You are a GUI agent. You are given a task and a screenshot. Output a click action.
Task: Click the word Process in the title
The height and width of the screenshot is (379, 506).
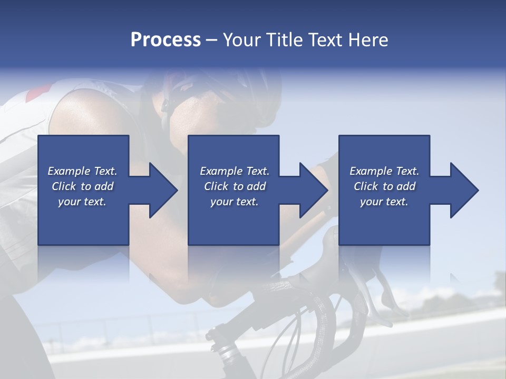click(166, 39)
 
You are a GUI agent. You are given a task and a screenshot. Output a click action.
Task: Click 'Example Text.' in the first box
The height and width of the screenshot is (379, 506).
click(82, 171)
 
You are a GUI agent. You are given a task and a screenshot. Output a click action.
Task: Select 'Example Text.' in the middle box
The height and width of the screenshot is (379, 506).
click(235, 171)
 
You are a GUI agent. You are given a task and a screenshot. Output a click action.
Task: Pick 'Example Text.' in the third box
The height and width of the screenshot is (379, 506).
click(384, 171)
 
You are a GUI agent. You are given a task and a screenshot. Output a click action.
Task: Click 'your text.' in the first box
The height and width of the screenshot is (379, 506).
click(82, 202)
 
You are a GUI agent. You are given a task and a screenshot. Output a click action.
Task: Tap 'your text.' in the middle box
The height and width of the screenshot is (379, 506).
click(235, 202)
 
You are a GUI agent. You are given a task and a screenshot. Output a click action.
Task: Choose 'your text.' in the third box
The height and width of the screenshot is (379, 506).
click(384, 202)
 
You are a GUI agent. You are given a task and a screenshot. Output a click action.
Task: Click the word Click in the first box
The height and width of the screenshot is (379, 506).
click(64, 186)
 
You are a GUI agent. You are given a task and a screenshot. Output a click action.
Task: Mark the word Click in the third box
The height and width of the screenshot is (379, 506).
click(366, 186)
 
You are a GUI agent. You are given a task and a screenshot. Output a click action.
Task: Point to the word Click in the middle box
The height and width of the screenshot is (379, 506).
click(216, 186)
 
